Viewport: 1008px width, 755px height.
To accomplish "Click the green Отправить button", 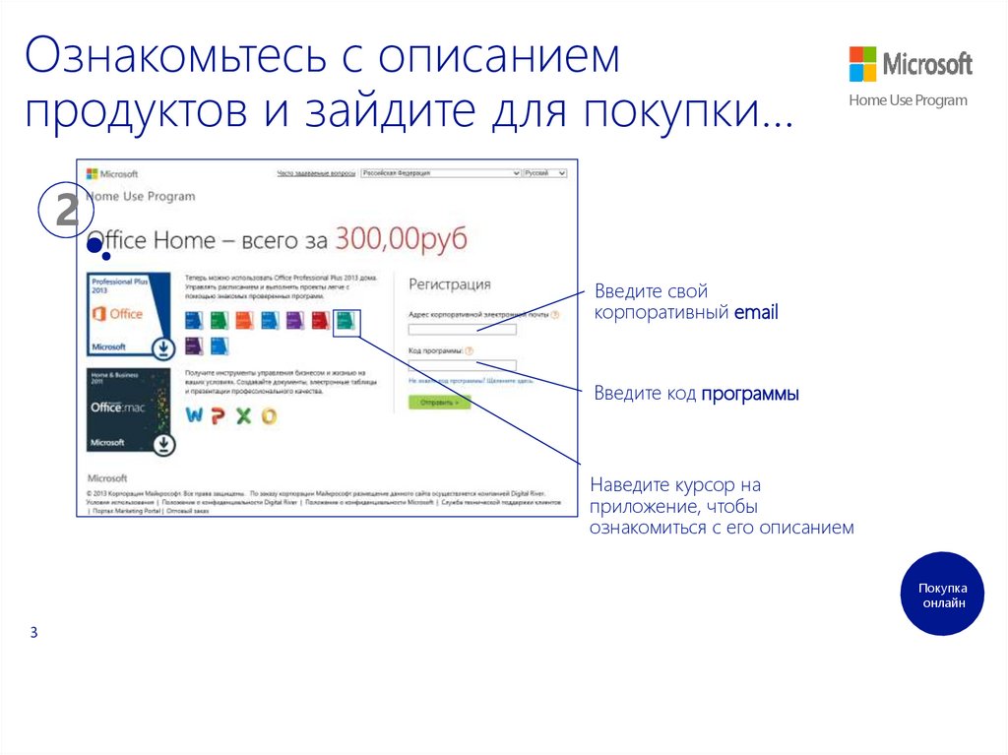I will (x=439, y=403).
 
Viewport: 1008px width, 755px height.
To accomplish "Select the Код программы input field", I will (x=462, y=365).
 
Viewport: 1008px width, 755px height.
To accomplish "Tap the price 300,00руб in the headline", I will (x=401, y=238).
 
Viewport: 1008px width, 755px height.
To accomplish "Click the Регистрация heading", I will (x=449, y=284).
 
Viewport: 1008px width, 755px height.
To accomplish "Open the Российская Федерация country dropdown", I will (x=440, y=173).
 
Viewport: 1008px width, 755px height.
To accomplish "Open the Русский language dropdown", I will (x=544, y=173).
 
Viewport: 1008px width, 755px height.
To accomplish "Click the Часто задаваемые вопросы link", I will (x=316, y=173).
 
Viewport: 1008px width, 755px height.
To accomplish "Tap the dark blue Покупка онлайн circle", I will (x=942, y=594).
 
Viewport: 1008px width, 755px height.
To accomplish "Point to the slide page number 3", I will (x=33, y=632).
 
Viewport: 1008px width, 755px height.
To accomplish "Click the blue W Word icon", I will (x=195, y=415).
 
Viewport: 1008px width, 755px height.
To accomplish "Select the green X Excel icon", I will (x=243, y=415).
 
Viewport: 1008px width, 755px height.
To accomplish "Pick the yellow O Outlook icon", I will (x=268, y=415).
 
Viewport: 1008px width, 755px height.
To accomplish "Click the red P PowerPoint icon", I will (x=219, y=415).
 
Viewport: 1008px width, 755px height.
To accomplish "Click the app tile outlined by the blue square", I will (x=346, y=321).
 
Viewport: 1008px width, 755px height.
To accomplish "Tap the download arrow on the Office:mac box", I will (x=163, y=445).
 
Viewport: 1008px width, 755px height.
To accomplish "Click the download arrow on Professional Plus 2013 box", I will (x=163, y=347).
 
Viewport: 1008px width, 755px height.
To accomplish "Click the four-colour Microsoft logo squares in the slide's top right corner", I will (x=862, y=64).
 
